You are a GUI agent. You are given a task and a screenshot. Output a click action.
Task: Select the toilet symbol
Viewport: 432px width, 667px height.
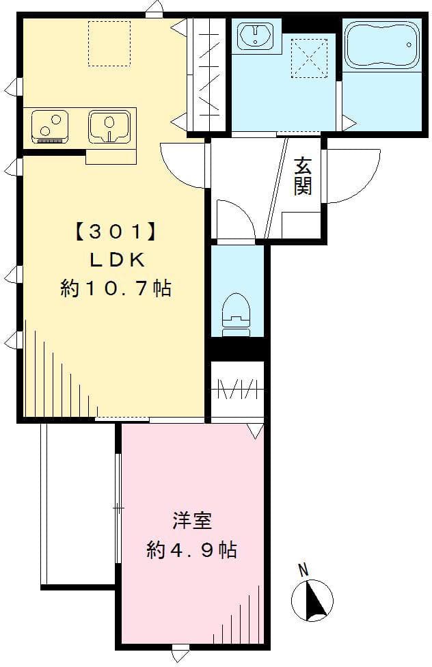(235, 314)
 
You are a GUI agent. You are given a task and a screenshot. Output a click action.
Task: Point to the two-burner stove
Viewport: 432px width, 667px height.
(50, 126)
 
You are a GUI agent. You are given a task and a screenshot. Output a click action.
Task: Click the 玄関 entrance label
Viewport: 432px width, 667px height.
(303, 176)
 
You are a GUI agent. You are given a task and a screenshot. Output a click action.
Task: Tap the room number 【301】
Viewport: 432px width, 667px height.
(117, 232)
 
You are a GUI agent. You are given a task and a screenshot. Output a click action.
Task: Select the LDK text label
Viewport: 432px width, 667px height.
(117, 260)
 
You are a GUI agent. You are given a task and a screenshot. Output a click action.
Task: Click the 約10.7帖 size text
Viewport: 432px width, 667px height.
(116, 288)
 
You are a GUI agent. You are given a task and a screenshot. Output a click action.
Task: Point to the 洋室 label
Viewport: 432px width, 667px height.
(192, 521)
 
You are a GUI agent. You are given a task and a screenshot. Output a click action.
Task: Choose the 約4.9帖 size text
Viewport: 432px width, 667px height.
(191, 550)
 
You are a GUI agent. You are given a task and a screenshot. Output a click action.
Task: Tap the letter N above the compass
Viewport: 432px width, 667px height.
(303, 570)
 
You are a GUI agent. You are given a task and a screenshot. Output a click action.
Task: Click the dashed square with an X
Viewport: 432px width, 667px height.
(309, 58)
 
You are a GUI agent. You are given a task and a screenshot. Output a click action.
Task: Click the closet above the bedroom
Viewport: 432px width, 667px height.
(238, 390)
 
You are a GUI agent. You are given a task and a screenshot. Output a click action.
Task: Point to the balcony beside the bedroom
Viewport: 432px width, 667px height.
(79, 505)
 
